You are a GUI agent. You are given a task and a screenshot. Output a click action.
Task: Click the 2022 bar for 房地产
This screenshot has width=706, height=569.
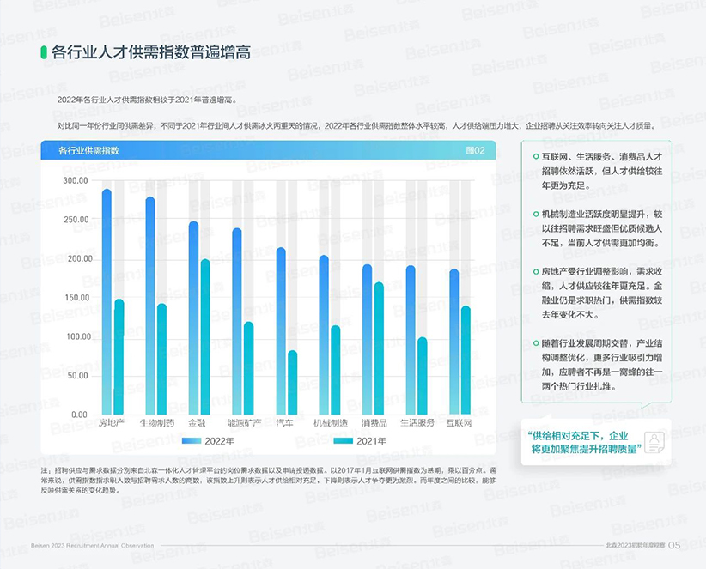point(107,300)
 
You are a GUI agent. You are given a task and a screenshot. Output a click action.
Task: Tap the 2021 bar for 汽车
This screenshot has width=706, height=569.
point(292,382)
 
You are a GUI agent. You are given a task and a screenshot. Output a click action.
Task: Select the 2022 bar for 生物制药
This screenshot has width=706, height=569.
point(150,305)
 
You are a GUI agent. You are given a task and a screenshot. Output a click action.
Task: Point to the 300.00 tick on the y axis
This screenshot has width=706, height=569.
point(76,180)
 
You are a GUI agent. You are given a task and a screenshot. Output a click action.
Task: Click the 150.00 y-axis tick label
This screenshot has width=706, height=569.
point(76,298)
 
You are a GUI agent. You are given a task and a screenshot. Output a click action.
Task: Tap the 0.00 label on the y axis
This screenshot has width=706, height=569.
point(79,415)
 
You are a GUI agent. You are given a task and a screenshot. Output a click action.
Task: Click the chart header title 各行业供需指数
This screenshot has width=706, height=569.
point(88,150)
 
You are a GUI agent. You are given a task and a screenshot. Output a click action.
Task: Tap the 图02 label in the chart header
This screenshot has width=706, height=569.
point(475,150)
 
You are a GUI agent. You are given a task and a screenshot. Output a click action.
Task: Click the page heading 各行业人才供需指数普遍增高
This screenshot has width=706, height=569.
point(150,51)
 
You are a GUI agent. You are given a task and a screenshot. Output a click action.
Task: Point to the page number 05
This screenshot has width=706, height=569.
point(674,545)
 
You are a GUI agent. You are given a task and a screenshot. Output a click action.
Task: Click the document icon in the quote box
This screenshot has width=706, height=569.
point(655,442)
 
